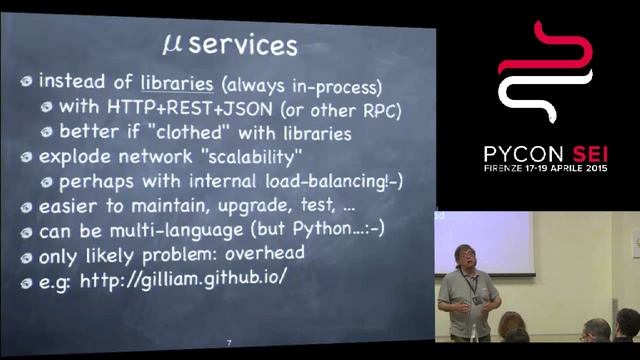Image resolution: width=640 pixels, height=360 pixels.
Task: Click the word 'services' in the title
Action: (x=243, y=44)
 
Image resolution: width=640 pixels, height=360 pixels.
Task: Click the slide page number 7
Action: (x=229, y=344)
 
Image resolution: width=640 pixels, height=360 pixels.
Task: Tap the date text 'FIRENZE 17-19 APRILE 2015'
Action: (x=546, y=171)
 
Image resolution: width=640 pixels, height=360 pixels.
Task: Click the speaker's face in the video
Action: (x=466, y=259)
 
